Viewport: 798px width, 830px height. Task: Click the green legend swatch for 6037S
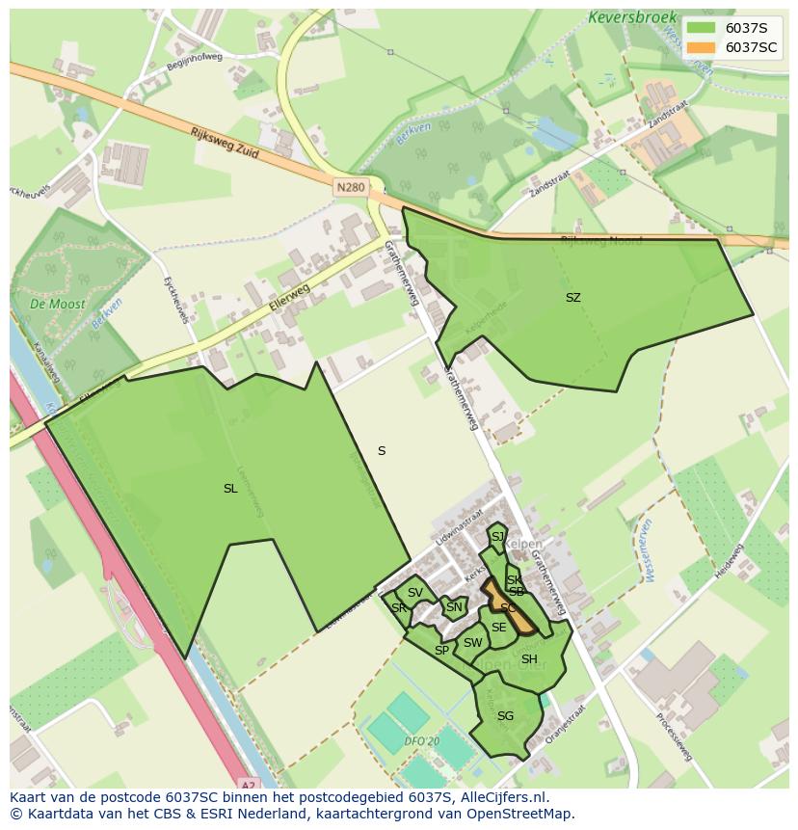coord(702,28)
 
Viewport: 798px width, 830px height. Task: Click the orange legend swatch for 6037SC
coord(702,47)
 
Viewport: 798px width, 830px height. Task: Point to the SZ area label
coord(573,298)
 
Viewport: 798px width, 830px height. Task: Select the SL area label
coord(230,489)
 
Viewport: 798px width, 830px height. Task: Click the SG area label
coord(505,716)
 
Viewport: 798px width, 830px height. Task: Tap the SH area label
coord(529,659)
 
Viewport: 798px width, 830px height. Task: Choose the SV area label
coord(415,593)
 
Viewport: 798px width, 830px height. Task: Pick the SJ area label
coord(497,537)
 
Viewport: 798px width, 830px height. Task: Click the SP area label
coord(441,651)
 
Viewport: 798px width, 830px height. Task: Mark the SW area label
coord(472,643)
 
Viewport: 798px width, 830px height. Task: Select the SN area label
coord(453,607)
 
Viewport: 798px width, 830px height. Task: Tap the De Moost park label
coord(57,304)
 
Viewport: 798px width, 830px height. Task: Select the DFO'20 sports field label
coord(422,741)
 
